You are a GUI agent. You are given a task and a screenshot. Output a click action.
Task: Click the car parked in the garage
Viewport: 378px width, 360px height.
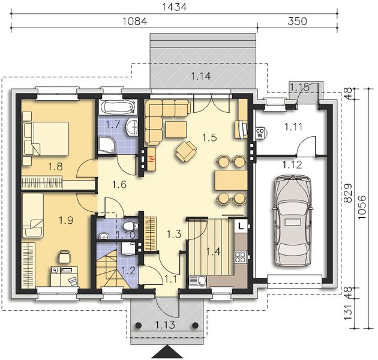coord(292,221)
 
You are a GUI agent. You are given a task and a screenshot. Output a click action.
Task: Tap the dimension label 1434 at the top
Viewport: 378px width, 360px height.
coord(174,7)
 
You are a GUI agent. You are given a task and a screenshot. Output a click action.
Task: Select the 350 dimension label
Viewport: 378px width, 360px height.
coord(297,21)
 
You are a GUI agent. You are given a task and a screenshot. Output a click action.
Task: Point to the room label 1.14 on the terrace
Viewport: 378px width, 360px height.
coord(201,76)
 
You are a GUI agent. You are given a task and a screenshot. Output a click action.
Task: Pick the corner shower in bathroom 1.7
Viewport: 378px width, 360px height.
coord(107,145)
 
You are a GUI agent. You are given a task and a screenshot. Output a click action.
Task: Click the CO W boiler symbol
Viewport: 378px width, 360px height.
coord(260,132)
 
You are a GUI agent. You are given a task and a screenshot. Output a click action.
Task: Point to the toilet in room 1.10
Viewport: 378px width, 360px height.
coord(130,226)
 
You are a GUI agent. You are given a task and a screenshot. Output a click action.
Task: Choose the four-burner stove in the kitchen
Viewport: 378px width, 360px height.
coord(241,257)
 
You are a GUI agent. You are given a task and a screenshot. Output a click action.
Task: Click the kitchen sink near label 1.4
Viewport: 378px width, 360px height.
coord(197,281)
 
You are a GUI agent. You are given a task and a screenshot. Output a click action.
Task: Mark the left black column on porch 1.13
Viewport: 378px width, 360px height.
coord(138,326)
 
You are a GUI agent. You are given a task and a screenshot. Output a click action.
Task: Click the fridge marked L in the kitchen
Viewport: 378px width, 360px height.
coord(241,226)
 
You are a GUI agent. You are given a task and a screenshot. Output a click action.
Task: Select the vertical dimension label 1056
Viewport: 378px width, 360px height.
coord(362,208)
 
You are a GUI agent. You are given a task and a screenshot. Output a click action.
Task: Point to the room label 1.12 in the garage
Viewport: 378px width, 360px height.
coord(292,165)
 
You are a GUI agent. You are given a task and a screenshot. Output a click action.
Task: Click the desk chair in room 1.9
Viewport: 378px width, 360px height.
coord(65,257)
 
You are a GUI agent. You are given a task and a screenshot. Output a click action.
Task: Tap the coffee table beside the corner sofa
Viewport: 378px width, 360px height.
coord(176,130)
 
